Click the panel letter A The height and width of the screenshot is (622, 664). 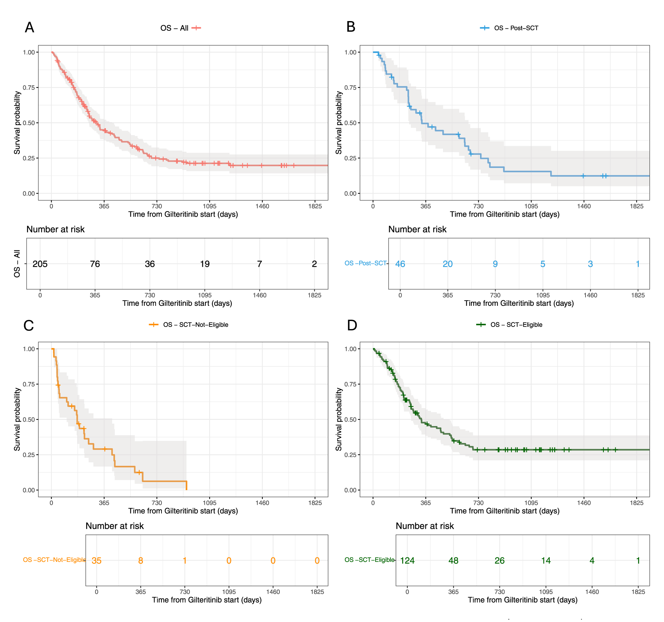(29, 27)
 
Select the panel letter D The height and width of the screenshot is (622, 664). (352, 325)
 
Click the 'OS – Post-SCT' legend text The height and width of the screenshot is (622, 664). (516, 28)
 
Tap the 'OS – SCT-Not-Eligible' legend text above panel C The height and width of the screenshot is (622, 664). (196, 325)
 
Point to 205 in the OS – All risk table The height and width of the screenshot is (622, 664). (40, 264)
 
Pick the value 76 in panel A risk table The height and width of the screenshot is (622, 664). (95, 264)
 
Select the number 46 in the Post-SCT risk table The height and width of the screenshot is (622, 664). (400, 264)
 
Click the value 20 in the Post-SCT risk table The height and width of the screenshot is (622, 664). (448, 264)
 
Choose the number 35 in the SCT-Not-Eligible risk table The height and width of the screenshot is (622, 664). (96, 560)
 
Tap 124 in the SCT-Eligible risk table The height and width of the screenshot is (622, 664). (407, 560)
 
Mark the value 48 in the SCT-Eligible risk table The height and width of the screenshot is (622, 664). (453, 560)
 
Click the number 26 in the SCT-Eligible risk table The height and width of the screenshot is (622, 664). (499, 560)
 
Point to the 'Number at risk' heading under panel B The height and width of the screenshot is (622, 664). (417, 229)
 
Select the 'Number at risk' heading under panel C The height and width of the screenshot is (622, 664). (114, 526)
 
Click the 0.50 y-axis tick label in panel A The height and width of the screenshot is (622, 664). (29, 123)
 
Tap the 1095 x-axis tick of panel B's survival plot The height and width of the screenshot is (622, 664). (531, 206)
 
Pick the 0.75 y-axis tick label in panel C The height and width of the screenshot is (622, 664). (29, 384)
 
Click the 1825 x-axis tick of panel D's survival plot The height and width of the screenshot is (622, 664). (636, 503)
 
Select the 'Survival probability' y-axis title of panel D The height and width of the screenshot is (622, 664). (339, 419)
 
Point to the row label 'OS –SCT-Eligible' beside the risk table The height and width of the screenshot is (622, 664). (369, 560)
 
